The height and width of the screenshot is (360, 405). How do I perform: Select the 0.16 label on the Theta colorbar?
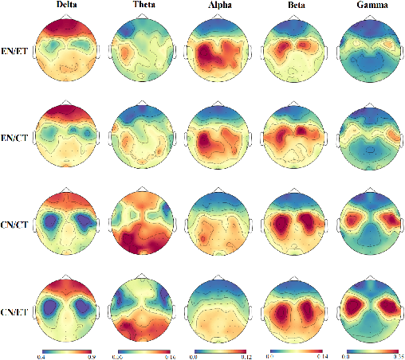pos(169,356)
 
